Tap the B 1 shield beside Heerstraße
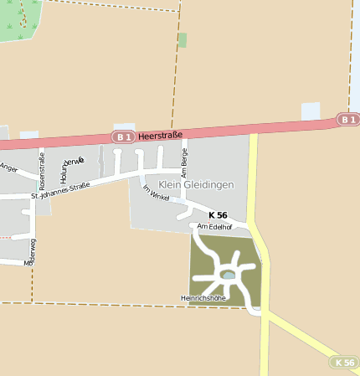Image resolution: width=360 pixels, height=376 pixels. (x=123, y=136)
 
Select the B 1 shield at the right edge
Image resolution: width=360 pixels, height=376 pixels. (x=348, y=120)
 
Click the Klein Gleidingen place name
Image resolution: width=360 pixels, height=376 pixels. (x=196, y=184)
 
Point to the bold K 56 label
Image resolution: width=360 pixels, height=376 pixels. (x=218, y=215)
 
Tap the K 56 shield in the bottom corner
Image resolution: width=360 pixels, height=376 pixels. (x=344, y=363)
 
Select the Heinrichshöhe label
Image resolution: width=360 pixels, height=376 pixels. (x=203, y=297)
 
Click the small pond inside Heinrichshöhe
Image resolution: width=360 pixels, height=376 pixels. (x=228, y=275)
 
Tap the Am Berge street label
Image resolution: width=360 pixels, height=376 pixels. (x=184, y=162)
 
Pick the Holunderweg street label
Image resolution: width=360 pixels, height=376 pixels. (x=66, y=168)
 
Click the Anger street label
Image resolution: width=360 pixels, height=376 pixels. (x=9, y=167)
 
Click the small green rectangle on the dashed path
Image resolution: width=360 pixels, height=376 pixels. (x=183, y=39)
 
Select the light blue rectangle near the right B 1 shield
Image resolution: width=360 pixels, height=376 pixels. (x=311, y=111)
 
